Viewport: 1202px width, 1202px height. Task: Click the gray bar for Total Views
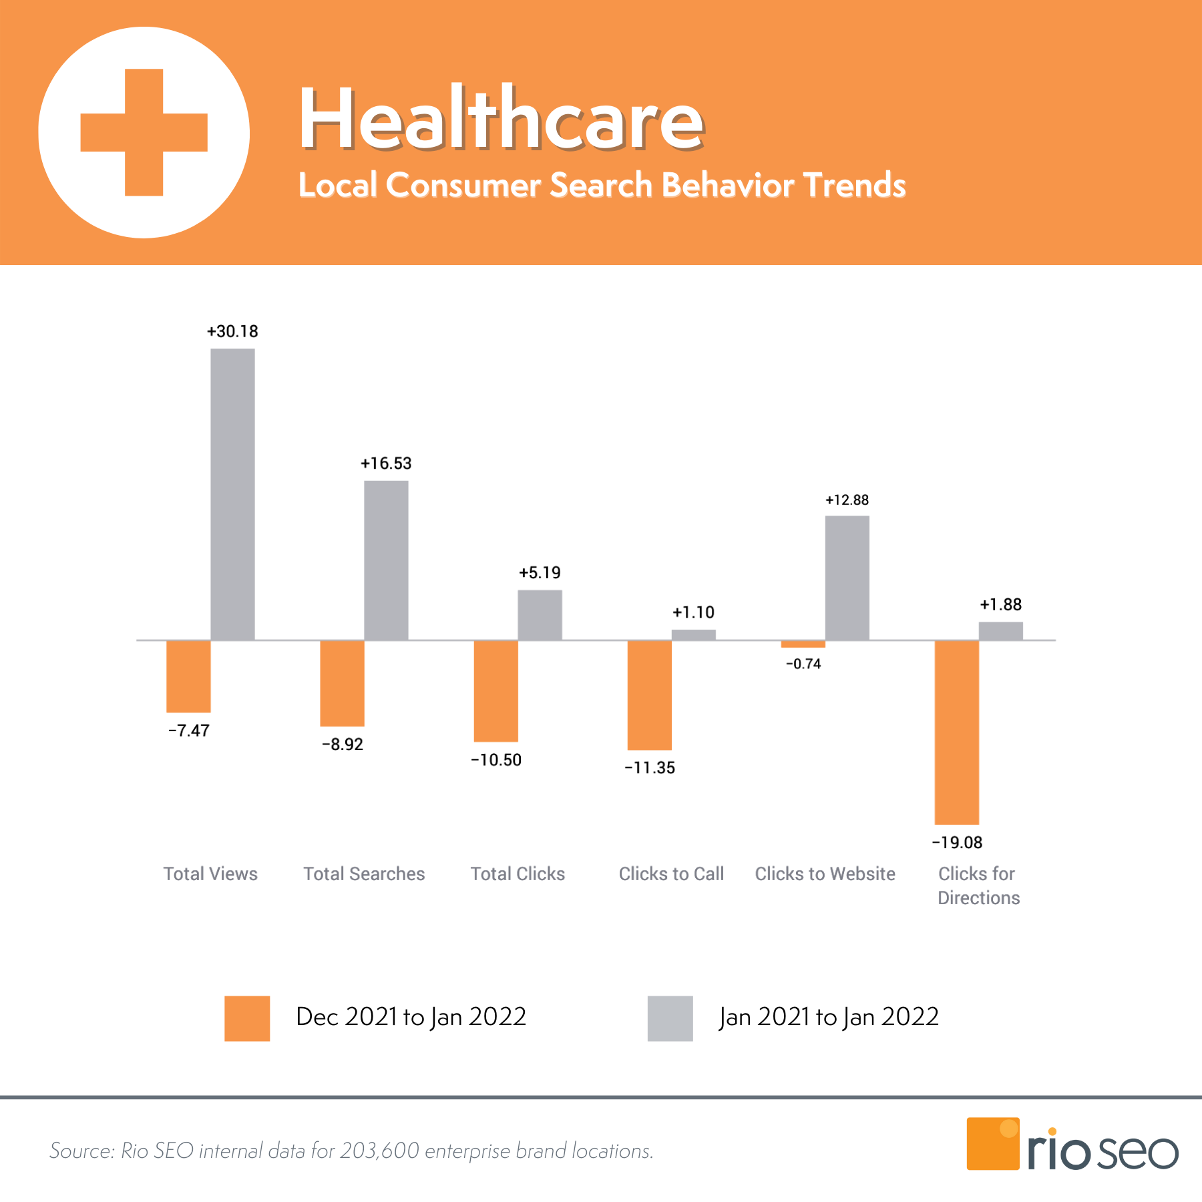click(232, 494)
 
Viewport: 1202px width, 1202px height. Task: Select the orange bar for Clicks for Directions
click(956, 732)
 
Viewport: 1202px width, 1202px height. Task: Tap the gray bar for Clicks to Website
click(847, 578)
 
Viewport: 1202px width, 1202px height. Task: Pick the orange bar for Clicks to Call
click(649, 694)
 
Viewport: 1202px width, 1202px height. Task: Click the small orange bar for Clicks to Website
click(803, 644)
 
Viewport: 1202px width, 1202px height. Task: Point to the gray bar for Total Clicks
click(540, 615)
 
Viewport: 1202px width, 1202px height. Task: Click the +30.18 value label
click(232, 332)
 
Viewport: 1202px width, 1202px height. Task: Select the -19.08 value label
click(957, 843)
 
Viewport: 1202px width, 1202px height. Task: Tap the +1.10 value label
click(693, 612)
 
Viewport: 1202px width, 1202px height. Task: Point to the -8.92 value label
click(343, 745)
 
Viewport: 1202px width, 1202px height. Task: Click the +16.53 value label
click(386, 463)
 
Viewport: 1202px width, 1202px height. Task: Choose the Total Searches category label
click(364, 874)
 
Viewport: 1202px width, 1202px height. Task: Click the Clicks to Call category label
click(671, 874)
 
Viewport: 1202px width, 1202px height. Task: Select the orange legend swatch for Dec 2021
click(247, 1018)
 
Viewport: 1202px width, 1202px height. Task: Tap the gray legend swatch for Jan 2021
click(670, 1018)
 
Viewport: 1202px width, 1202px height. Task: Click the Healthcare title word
click(501, 120)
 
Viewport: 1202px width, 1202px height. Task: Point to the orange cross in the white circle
click(144, 132)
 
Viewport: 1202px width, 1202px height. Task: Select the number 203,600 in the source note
click(379, 1151)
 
